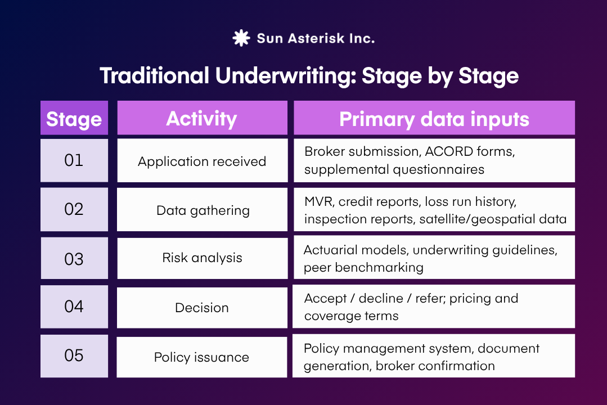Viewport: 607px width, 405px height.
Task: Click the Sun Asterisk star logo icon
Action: click(x=241, y=38)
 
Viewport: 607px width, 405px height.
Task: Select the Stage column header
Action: click(x=74, y=119)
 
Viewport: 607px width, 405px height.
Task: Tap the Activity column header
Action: click(x=201, y=119)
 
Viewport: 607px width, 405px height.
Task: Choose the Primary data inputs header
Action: click(x=434, y=119)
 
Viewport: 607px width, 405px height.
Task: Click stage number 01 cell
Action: click(x=74, y=160)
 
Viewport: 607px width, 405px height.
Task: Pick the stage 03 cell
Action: click(x=74, y=259)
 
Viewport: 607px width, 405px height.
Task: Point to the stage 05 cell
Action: click(x=74, y=355)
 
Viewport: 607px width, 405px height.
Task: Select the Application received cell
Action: click(x=201, y=161)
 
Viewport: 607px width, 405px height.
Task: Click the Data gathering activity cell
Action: click(x=202, y=210)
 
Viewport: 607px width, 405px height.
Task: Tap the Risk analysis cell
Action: click(x=202, y=258)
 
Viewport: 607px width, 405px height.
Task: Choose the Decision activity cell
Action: click(x=201, y=308)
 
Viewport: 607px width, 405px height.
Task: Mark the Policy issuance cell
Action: click(x=201, y=357)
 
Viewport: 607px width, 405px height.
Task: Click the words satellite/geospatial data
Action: click(x=493, y=219)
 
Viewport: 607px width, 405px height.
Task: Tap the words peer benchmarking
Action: click(x=363, y=268)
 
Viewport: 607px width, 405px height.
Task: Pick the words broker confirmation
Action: click(x=435, y=366)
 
